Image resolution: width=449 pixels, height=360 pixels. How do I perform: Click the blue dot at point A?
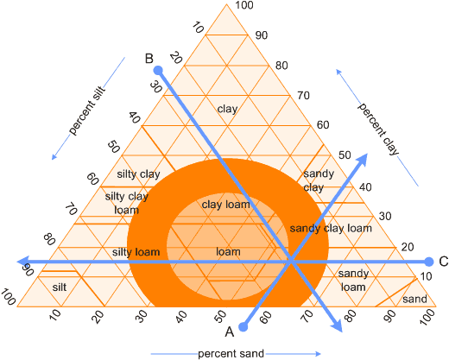click(243, 327)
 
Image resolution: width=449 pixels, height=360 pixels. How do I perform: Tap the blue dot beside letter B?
click(158, 70)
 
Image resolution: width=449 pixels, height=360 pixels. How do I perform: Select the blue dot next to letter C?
click(429, 262)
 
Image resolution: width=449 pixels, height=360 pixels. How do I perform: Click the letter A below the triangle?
click(230, 332)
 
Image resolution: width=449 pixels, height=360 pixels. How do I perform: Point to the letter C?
click(444, 262)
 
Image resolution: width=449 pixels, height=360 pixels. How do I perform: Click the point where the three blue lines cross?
click(291, 262)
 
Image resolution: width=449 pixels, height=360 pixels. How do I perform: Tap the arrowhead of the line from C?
click(22, 262)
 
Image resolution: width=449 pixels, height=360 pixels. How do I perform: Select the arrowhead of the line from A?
click(363, 159)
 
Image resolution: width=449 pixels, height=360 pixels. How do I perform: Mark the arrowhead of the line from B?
click(337, 325)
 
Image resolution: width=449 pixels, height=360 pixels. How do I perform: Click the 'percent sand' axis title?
click(231, 354)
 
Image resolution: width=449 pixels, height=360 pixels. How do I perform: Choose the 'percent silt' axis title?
click(87, 111)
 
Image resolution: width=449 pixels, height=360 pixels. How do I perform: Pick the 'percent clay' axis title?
click(378, 129)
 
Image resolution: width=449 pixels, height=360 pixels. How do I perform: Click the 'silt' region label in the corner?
click(60, 287)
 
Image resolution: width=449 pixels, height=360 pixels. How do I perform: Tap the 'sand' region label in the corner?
click(414, 299)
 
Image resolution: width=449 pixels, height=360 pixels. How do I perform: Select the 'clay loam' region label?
click(226, 205)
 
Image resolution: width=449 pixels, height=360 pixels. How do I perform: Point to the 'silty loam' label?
click(136, 252)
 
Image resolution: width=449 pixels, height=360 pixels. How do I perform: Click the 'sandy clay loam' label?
click(331, 228)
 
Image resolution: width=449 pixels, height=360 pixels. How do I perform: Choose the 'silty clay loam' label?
click(127, 203)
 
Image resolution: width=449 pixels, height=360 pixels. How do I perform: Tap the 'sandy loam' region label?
click(353, 280)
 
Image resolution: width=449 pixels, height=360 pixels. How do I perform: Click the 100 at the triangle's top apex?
click(244, 5)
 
